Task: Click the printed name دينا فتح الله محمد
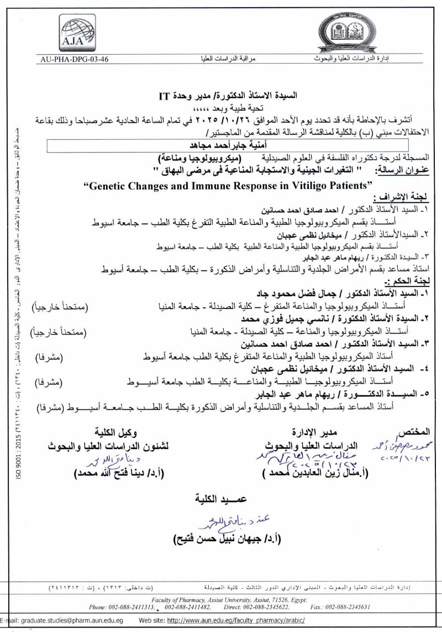123,473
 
